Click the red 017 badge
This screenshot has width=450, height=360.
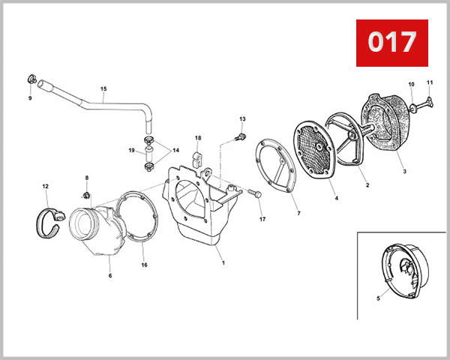click(392, 43)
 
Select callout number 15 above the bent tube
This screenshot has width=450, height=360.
click(103, 88)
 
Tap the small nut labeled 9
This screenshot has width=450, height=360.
click(32, 79)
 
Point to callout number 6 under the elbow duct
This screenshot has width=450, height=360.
click(110, 275)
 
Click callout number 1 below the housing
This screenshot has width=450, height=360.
click(223, 262)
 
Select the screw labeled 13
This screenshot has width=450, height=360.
click(240, 137)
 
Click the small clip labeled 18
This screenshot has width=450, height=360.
click(197, 159)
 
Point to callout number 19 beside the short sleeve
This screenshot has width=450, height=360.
click(131, 150)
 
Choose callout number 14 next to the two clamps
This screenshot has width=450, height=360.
click(175, 150)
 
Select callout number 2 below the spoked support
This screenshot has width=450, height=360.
click(367, 185)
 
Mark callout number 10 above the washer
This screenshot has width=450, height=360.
click(411, 84)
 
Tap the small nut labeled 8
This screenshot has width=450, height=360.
click(85, 196)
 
